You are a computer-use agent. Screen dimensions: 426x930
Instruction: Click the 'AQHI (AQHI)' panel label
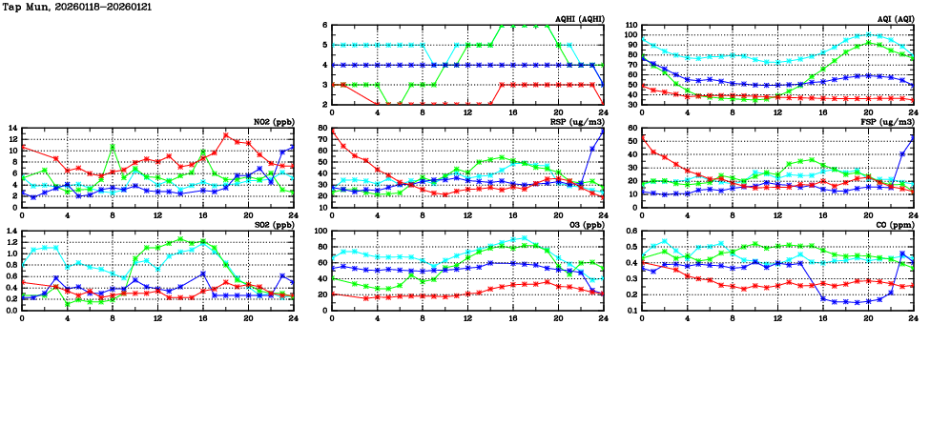tap(578, 19)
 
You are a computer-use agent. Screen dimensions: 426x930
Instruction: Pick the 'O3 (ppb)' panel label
tap(586, 225)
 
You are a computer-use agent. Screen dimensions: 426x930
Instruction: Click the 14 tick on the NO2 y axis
tap(12, 128)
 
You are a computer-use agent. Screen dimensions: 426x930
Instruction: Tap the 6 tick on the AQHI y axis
tap(325, 25)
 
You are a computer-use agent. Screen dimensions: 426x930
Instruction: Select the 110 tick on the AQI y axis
tap(630, 25)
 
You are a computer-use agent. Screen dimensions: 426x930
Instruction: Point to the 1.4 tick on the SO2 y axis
tap(10, 231)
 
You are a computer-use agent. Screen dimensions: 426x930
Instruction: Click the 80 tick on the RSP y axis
tap(322, 128)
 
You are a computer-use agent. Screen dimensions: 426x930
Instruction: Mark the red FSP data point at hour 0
tap(642, 137)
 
